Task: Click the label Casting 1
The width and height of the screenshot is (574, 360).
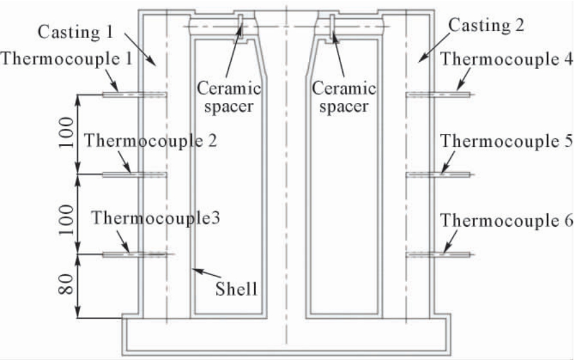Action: [76, 32]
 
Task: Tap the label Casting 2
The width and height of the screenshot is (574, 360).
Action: [486, 26]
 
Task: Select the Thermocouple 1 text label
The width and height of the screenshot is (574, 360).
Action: [67, 59]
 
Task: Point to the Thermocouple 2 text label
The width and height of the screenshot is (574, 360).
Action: [151, 140]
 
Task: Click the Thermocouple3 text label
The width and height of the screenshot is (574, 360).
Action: [156, 218]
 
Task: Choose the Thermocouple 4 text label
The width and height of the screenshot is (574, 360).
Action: [506, 59]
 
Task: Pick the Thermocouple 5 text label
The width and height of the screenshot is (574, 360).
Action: [506, 141]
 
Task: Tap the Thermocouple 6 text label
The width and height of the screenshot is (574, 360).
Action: [506, 220]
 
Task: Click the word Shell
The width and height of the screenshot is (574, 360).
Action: [236, 289]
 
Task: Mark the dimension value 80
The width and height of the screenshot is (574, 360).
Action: [66, 285]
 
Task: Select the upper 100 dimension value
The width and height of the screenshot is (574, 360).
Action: [66, 132]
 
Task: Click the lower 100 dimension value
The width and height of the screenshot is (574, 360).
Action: [66, 220]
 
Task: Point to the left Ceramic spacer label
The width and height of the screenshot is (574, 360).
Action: [229, 97]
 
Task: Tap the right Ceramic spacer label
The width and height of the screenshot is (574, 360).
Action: [344, 97]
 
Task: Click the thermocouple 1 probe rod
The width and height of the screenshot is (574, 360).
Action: [134, 95]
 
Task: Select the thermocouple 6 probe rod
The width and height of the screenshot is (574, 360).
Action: [438, 254]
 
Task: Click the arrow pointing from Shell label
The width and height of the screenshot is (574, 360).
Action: [207, 273]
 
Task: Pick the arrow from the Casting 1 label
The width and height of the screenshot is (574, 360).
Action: [140, 50]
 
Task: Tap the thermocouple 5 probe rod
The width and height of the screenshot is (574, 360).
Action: [438, 175]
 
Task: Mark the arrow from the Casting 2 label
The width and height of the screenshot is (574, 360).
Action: [435, 47]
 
